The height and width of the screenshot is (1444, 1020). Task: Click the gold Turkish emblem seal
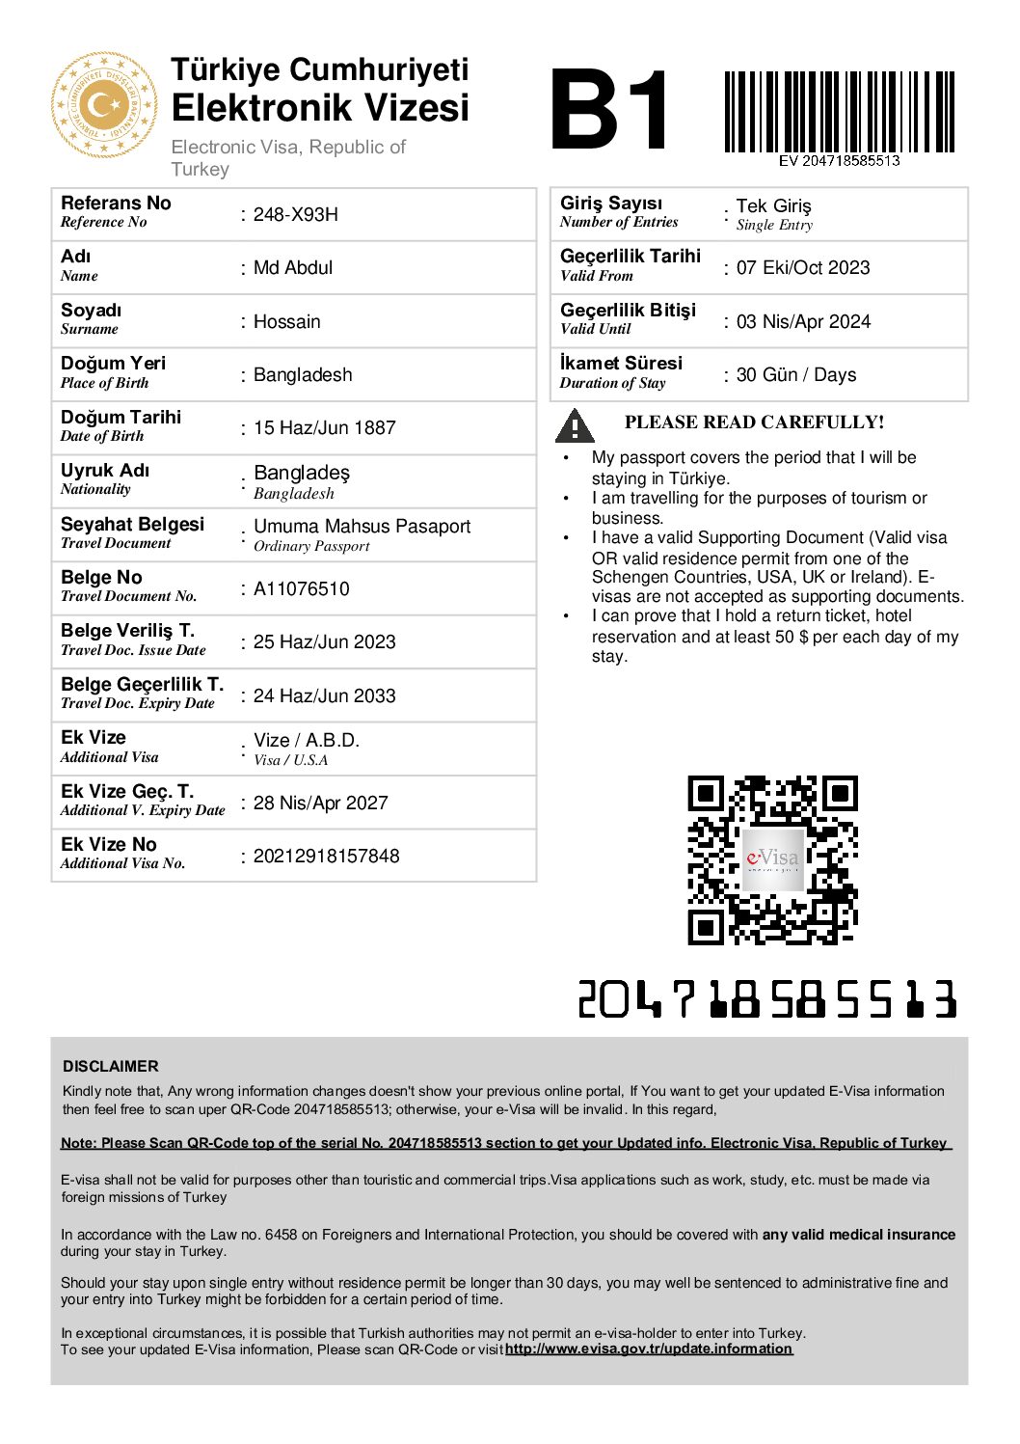coord(103,105)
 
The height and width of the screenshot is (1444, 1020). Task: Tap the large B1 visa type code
coord(609,110)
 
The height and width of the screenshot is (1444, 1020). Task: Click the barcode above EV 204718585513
coord(839,111)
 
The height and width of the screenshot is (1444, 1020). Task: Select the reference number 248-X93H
coord(295,215)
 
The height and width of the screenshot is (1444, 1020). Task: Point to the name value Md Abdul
coord(293,268)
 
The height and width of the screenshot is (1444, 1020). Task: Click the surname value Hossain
coord(286,322)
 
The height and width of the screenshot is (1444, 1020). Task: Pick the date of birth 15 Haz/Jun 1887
coord(324,428)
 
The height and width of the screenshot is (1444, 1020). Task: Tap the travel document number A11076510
coord(301,589)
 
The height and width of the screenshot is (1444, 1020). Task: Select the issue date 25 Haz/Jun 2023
coord(324,642)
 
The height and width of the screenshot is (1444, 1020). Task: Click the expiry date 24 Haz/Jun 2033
coord(324,696)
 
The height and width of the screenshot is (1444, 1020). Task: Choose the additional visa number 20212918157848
coord(326,857)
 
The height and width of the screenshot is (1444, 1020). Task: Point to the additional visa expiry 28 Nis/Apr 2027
coord(320,804)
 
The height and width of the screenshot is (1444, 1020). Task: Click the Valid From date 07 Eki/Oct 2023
coord(802,268)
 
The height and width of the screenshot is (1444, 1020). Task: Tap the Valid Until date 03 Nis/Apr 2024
coord(803,322)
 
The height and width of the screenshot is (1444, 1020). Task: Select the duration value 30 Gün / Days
coord(795,375)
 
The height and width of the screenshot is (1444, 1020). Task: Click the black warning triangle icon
coord(575,425)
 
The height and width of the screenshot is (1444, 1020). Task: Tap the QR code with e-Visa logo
coord(772,859)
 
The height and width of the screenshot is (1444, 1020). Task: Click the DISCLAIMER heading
coord(111,1067)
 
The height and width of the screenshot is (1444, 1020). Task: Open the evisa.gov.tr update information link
coord(648,1349)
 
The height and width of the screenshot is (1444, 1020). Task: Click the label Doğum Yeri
coord(113,364)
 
